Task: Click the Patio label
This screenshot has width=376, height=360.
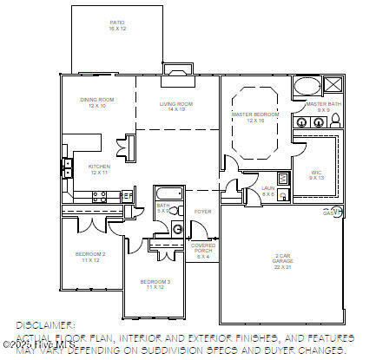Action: pos(117,25)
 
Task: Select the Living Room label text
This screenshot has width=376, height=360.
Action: pos(175,107)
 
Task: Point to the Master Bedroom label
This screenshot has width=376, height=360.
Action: pos(255,116)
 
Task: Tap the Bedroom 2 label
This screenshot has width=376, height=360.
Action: pos(93,257)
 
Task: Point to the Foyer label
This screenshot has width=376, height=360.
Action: pos(202,211)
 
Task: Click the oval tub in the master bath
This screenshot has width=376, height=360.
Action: pos(306,87)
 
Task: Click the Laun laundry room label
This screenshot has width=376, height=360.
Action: pos(267,190)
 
